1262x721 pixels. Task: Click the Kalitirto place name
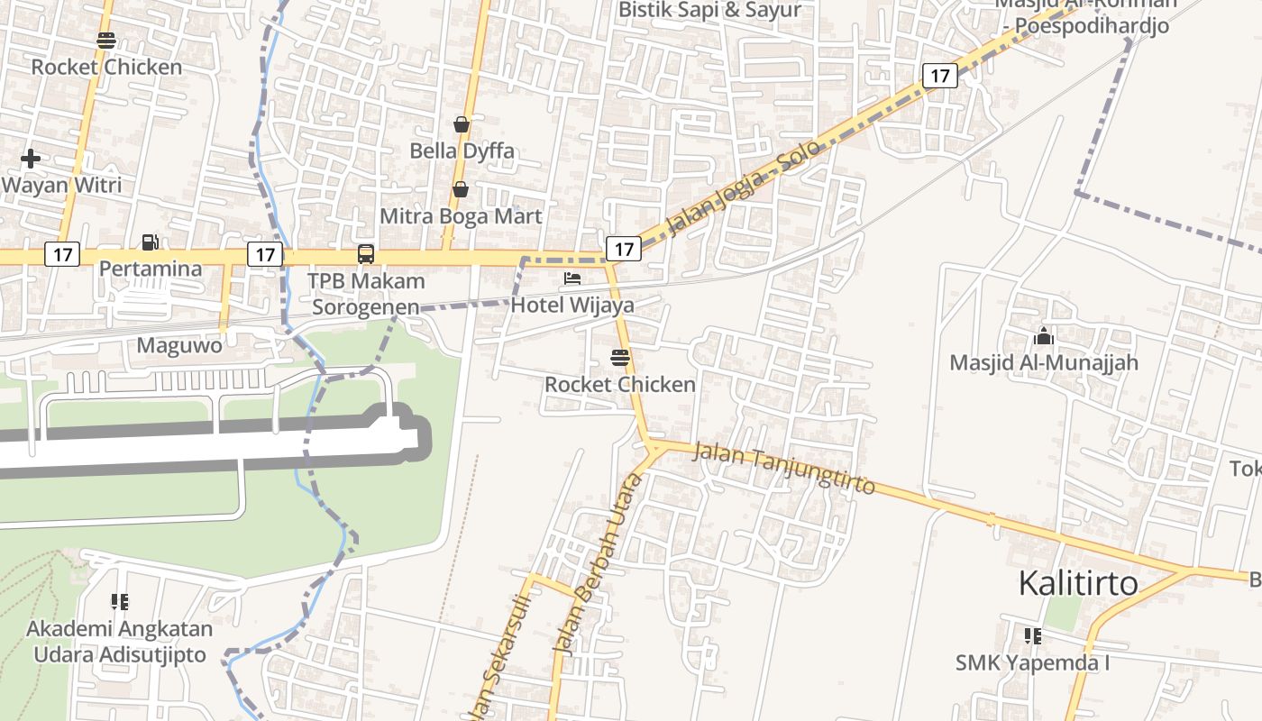pos(1078,584)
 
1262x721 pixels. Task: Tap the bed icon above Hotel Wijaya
pos(572,278)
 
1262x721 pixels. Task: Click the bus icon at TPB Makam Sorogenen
pos(366,254)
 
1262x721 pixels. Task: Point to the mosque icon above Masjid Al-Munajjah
pos(1044,337)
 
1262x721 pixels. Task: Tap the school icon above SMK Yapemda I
pos(1032,636)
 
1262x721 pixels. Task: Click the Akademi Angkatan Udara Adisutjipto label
pos(120,642)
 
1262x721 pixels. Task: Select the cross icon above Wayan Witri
pos(31,159)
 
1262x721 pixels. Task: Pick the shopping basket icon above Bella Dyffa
pos(462,124)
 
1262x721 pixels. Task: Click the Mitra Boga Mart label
pos(461,216)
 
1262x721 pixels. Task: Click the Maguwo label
pos(179,345)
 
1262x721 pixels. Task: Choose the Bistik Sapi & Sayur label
pos(709,11)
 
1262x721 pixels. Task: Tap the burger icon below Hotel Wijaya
pos(619,357)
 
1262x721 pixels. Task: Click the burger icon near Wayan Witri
pos(106,41)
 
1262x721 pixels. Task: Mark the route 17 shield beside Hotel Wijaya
pos(623,248)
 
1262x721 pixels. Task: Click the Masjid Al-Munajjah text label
pos(1044,362)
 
